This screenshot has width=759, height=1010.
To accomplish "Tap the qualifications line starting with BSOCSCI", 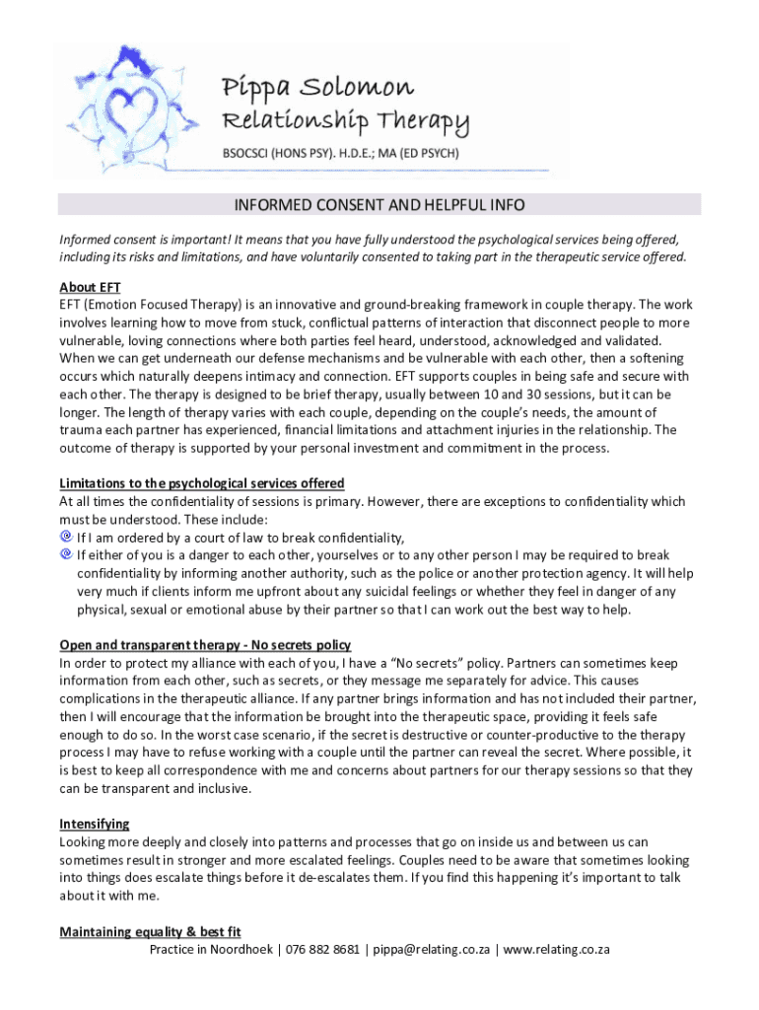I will [340, 154].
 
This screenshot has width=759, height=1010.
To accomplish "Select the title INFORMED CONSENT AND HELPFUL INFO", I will [379, 205].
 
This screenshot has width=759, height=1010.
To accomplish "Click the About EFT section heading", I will [91, 288].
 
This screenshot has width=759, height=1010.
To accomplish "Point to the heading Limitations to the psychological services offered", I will [202, 483].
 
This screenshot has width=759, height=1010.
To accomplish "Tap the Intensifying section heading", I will [95, 824].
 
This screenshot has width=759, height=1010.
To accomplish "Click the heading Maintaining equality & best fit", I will [150, 932].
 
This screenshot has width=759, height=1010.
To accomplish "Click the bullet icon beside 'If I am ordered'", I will [66, 538].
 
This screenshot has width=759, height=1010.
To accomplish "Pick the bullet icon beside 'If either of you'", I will [66, 554].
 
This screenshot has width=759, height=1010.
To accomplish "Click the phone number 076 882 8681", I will [323, 950].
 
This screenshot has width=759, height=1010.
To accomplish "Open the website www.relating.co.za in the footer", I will [557, 950].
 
